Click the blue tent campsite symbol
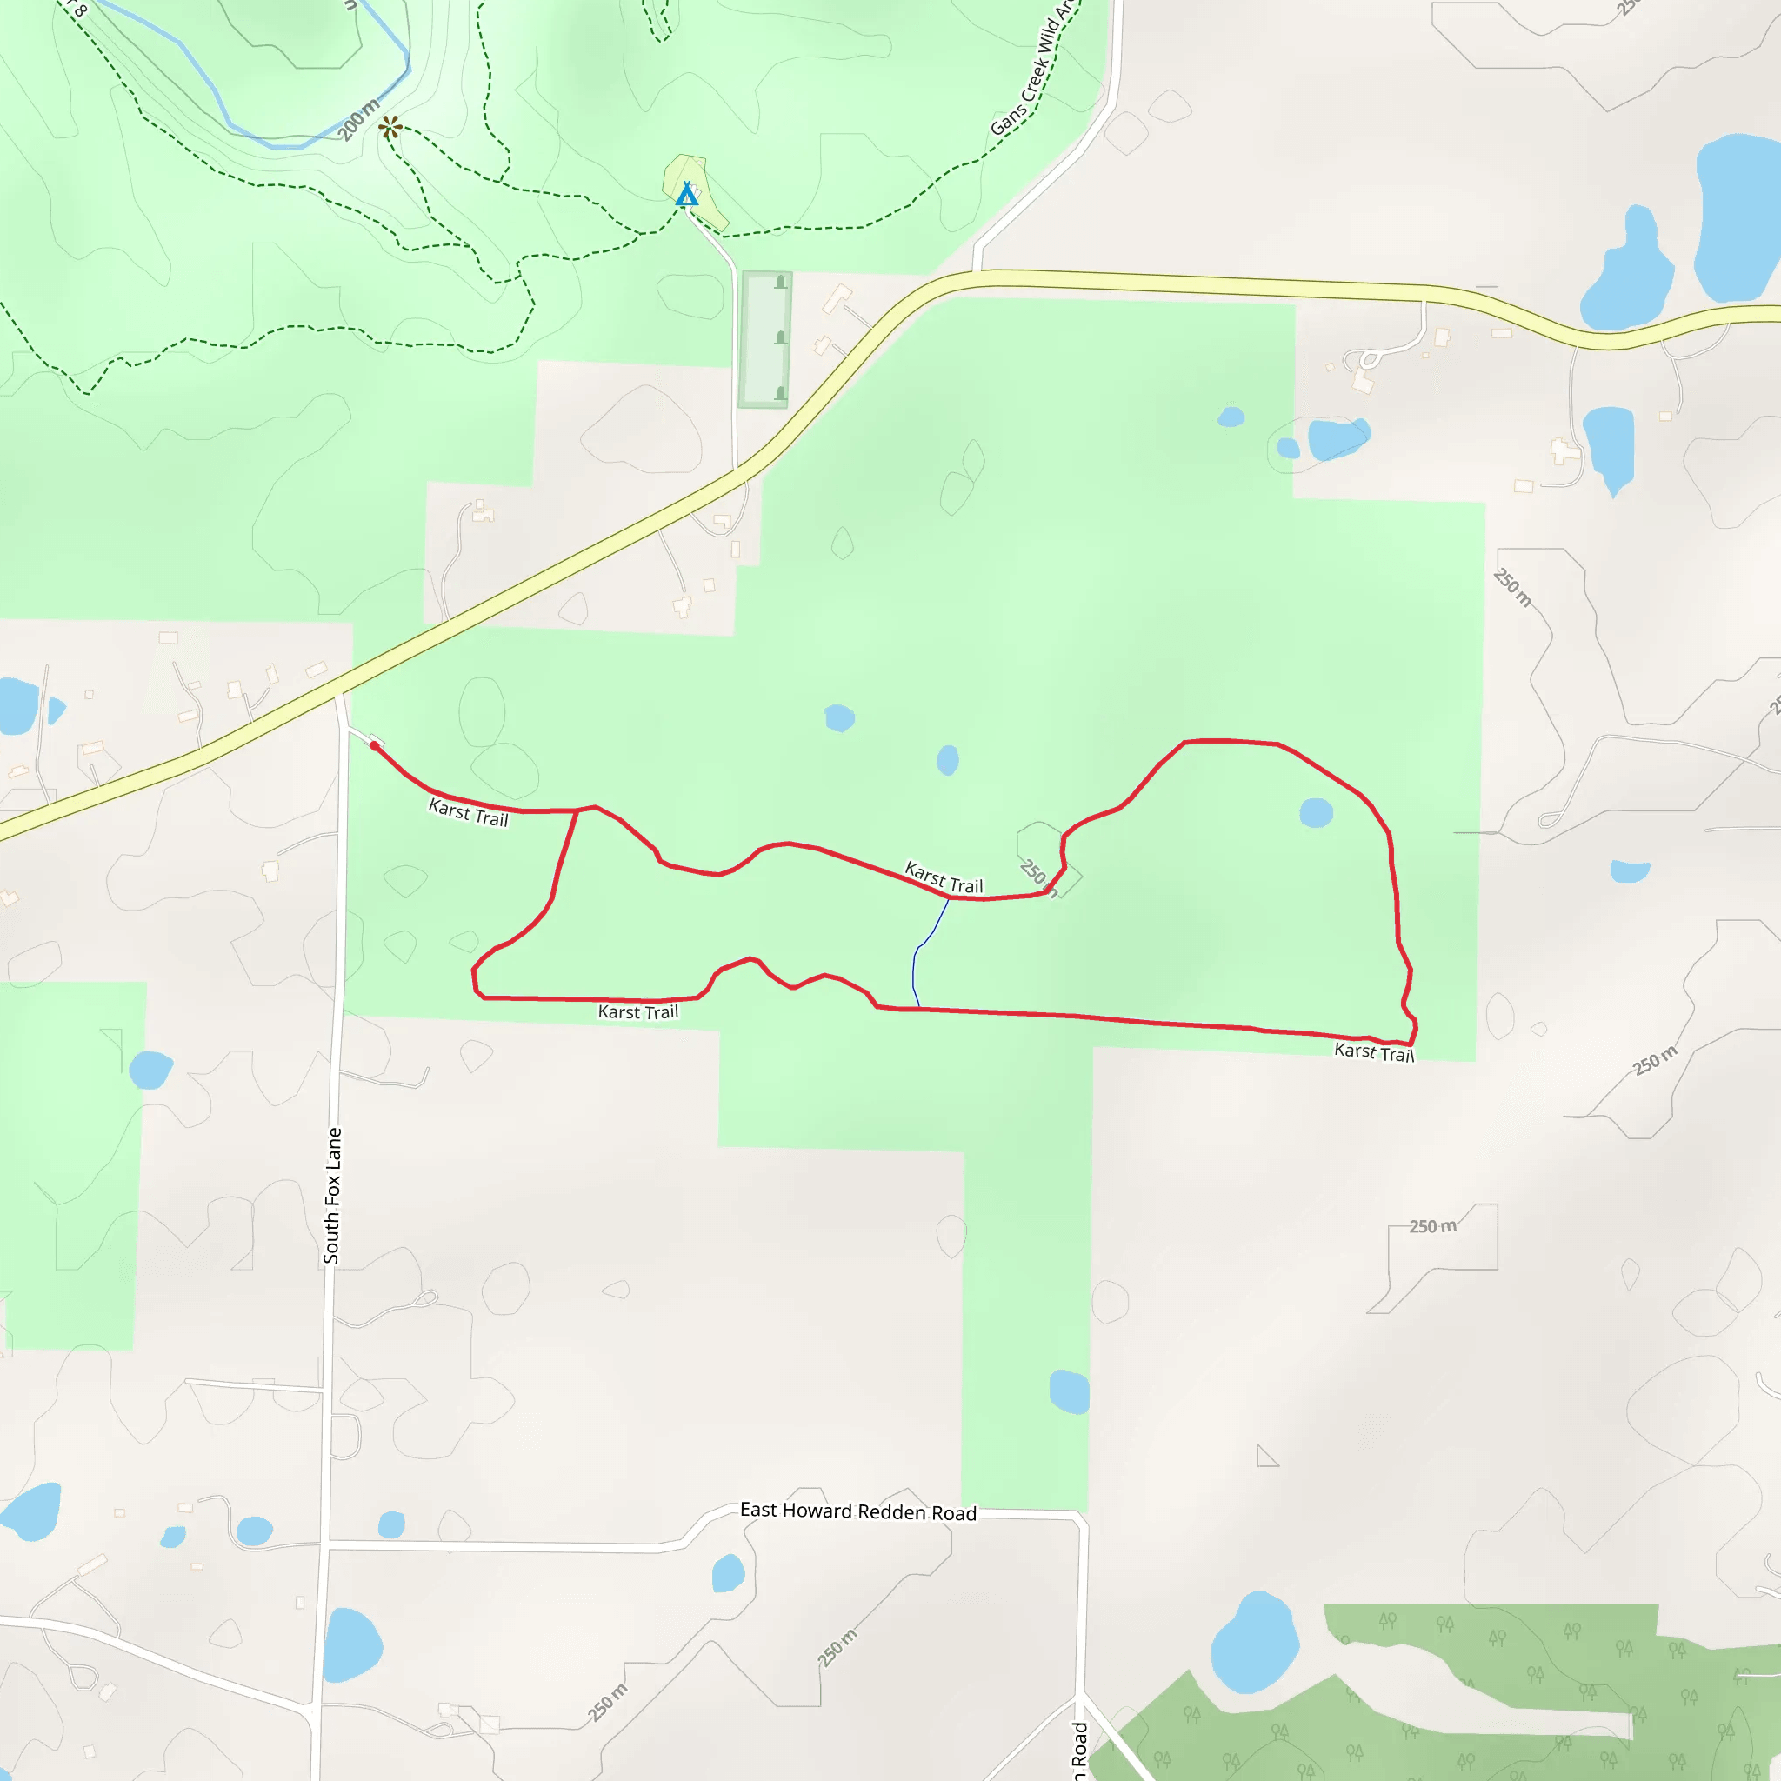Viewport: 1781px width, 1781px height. (687, 195)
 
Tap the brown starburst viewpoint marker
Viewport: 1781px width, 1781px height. (390, 127)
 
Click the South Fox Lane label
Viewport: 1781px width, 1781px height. (332, 1195)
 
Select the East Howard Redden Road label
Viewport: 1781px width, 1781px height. (857, 1511)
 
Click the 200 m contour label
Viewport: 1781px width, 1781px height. (358, 120)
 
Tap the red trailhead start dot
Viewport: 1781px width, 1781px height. (374, 745)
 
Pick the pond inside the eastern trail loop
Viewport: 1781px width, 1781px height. (1316, 812)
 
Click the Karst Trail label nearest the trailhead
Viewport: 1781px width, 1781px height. (469, 812)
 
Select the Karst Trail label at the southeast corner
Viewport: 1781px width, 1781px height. (1373, 1052)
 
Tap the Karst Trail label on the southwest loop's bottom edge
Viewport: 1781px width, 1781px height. (638, 1012)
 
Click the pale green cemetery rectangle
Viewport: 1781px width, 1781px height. (766, 338)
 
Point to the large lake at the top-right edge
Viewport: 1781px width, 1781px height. (1738, 217)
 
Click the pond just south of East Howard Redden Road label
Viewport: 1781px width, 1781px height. (727, 1572)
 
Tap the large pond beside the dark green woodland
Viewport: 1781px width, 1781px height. (1254, 1643)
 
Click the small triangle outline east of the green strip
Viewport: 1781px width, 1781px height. (1265, 1457)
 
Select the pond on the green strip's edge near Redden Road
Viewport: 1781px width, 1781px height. (1070, 1391)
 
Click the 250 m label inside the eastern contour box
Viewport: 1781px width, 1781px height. (1432, 1226)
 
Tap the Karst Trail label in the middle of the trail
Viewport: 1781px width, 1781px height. (944, 877)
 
